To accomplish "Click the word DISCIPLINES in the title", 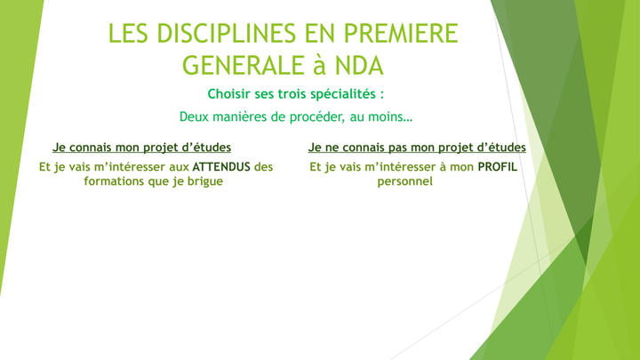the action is coord(227,33).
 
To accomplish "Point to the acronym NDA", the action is coord(360,65).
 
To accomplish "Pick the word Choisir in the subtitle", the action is coord(229,94).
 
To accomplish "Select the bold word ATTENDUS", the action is coord(221,167).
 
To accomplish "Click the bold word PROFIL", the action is coord(498,167).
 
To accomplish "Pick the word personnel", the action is coord(405,181).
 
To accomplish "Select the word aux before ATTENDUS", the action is coord(180,167).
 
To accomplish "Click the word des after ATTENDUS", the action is coord(263,167).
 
